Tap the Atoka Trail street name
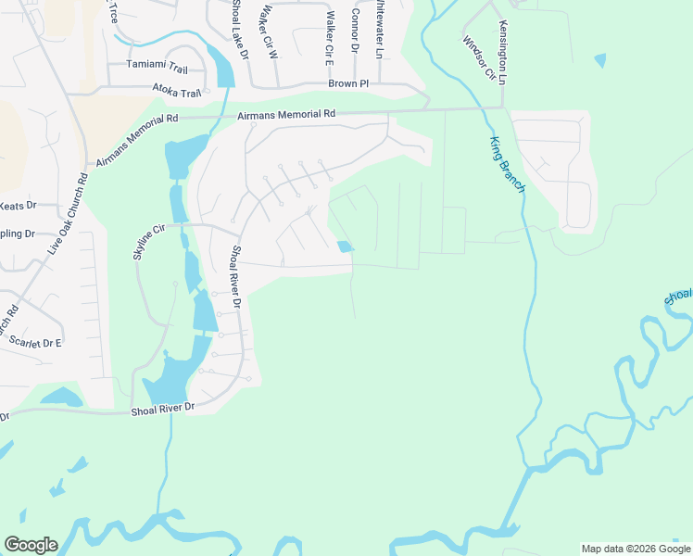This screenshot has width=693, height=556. click(176, 92)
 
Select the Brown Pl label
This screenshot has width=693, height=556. click(348, 83)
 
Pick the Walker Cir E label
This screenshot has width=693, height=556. click(329, 33)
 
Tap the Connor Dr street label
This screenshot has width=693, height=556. click(354, 30)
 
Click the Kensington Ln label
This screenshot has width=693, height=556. click(503, 52)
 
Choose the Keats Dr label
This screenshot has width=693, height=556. click(18, 205)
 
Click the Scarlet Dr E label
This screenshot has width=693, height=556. click(34, 341)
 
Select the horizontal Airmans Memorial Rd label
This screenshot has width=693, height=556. click(286, 115)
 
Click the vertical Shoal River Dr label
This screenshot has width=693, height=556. click(236, 277)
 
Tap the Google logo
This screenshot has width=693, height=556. click(31, 545)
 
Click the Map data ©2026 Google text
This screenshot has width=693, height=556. click(636, 549)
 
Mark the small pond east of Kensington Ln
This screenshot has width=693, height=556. click(600, 60)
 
